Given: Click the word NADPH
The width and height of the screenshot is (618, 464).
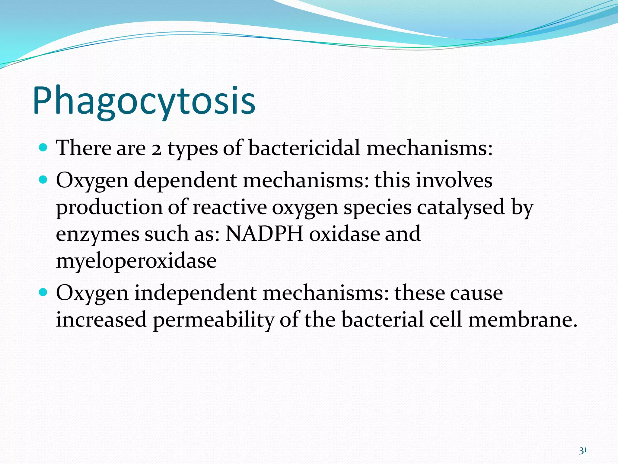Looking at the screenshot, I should [x=264, y=234].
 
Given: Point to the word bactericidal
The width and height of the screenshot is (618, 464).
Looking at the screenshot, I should [x=304, y=148].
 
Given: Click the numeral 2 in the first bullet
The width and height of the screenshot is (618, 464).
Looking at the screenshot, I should [x=156, y=149].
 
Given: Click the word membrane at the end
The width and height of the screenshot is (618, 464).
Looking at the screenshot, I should [x=522, y=320].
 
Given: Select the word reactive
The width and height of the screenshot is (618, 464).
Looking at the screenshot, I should [x=229, y=207].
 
